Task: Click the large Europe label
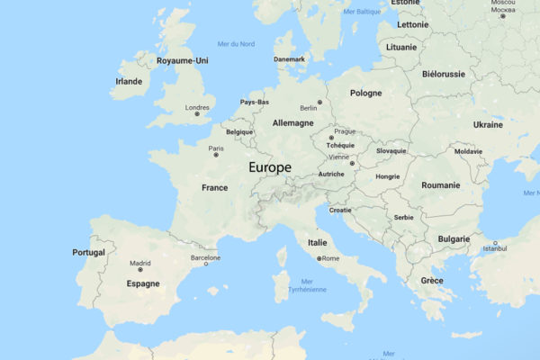tap(270, 167)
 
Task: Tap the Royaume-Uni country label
tap(182, 61)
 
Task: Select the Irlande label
tap(129, 81)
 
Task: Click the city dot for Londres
tap(197, 114)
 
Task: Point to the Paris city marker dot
tap(216, 155)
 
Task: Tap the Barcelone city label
tap(205, 256)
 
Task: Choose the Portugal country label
tap(89, 252)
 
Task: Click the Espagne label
tap(143, 283)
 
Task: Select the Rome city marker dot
tap(319, 259)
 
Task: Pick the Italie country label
tap(318, 242)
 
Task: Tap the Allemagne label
tap(292, 122)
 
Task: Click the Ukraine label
tap(487, 124)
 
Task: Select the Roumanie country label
tap(440, 184)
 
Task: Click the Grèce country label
tap(431, 281)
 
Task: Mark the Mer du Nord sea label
tap(236, 43)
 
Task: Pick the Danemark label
tap(290, 59)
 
